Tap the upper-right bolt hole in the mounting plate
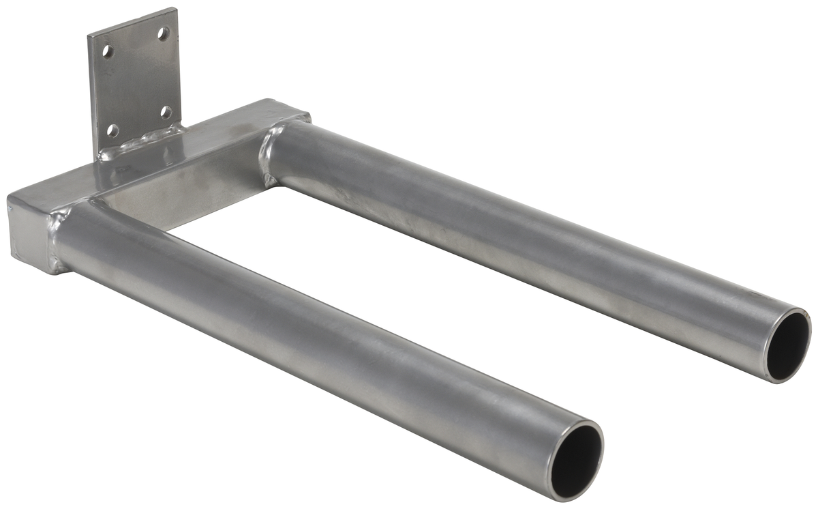click(163, 33)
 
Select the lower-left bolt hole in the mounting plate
click(113, 130)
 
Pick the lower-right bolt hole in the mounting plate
click(166, 112)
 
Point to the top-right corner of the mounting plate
click(175, 10)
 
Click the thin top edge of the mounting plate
click(133, 20)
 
